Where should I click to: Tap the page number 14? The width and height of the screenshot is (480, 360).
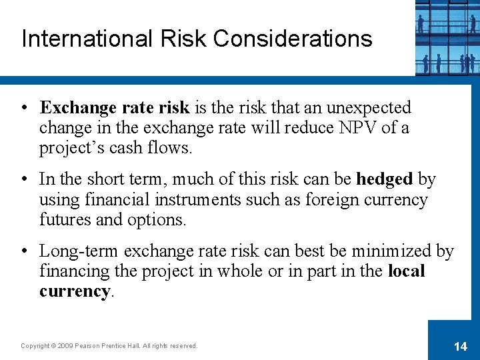[460, 345]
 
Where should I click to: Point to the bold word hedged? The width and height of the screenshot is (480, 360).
[385, 179]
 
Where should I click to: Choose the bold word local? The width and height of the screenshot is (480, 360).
[406, 271]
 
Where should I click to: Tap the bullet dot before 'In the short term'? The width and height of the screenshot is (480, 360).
[25, 179]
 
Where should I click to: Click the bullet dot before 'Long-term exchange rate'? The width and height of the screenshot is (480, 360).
[25, 252]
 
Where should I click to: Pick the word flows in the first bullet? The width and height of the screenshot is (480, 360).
[168, 147]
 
